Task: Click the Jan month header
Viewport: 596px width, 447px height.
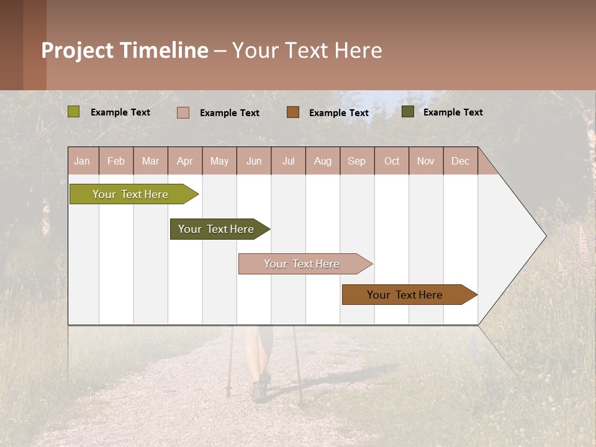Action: coord(82,161)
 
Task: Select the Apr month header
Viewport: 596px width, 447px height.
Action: coord(185,161)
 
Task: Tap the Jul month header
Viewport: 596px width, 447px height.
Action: coord(288,161)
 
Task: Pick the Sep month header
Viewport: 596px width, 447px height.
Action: coord(356,161)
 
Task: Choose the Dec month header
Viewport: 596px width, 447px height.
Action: coord(460,161)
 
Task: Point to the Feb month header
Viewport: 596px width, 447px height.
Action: coord(116,161)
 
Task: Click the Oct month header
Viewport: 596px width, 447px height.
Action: coord(392,161)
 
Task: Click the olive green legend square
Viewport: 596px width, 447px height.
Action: coord(74,112)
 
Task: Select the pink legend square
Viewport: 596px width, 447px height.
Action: coord(183,112)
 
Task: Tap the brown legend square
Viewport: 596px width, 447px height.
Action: coord(293,112)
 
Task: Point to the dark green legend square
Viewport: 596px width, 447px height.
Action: coord(408,112)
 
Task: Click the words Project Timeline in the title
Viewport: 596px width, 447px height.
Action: coord(125,50)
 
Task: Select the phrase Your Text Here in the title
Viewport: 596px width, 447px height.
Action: coord(307,50)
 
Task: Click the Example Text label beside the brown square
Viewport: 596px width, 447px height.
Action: coord(338,112)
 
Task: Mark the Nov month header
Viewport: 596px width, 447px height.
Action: coord(426,161)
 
